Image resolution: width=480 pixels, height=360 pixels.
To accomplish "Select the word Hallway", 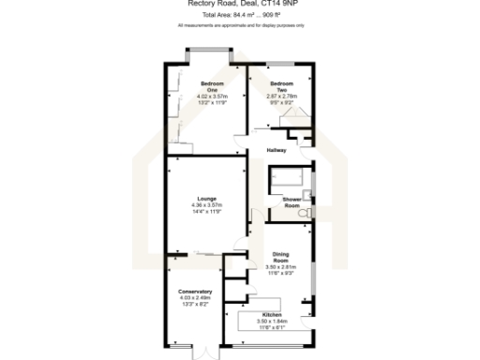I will (277, 150).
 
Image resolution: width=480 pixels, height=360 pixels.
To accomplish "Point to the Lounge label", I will (206, 199).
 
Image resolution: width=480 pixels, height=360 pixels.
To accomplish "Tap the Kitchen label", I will (272, 314).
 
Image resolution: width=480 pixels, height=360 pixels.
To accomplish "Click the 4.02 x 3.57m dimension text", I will (206, 97).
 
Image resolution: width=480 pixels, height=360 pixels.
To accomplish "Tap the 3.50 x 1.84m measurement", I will (272, 321).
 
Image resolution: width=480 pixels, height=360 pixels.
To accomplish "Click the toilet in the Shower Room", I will (304, 215).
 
